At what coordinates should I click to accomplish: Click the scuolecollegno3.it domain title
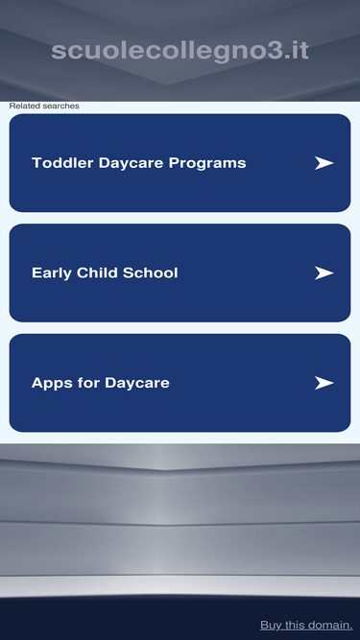click(180, 52)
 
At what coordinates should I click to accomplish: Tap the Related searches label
click(44, 107)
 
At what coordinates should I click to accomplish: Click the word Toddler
click(62, 163)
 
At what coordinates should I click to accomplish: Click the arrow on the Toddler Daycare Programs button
click(324, 163)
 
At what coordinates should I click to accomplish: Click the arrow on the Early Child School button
click(324, 273)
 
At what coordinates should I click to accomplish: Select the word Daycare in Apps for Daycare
click(136, 383)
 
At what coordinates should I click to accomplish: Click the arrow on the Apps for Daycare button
click(324, 383)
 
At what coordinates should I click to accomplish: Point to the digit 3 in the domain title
click(273, 52)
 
